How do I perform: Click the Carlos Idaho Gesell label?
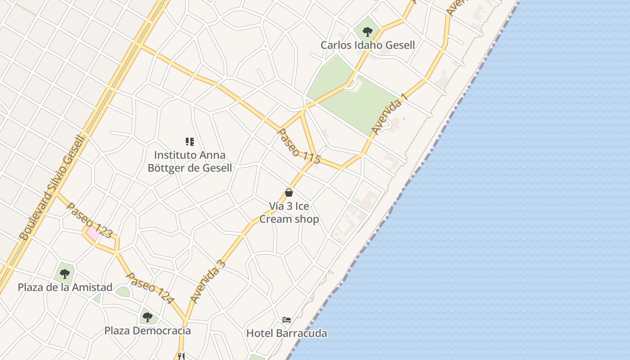[368, 45]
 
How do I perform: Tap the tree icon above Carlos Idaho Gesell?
[368, 32]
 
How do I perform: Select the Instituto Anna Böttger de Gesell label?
[190, 162]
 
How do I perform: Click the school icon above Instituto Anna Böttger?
[190, 142]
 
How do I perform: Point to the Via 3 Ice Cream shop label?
[289, 212]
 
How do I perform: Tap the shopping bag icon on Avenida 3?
[289, 193]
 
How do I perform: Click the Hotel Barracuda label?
[287, 333]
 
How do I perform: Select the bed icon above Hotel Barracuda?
[287, 320]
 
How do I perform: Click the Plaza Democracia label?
[148, 331]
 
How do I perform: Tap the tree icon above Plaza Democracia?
[148, 317]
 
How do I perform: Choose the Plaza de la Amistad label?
[65, 287]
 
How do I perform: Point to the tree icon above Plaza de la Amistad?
[65, 274]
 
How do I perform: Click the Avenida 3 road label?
[207, 282]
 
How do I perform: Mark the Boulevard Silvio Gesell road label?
[52, 187]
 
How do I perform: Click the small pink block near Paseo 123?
[93, 234]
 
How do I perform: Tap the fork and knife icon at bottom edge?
[181, 356]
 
